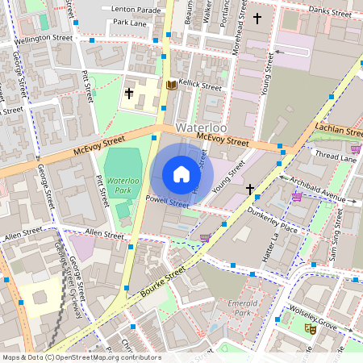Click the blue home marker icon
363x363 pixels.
click(x=181, y=174)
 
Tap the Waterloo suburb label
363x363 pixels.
click(x=201, y=128)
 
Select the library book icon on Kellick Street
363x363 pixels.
click(x=170, y=85)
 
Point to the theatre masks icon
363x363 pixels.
click(x=309, y=328)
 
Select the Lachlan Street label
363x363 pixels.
click(x=340, y=131)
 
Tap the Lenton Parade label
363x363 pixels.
click(x=132, y=9)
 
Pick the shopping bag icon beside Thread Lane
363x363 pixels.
click(x=356, y=148)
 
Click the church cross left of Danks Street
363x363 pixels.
click(x=258, y=18)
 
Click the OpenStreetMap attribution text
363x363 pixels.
click(x=81, y=357)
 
